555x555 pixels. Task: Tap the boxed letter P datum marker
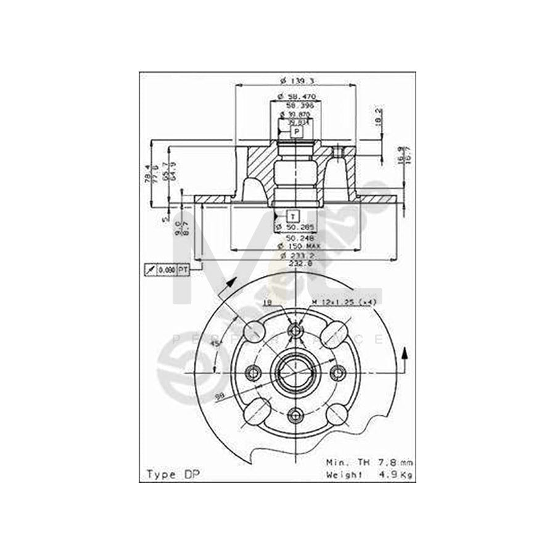(x=297, y=132)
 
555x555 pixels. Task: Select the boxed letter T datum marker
(x=294, y=215)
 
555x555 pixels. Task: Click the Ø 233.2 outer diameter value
(x=297, y=255)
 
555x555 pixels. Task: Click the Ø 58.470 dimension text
(x=297, y=97)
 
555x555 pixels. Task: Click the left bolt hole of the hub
(x=252, y=372)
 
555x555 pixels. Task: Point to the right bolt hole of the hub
(x=337, y=372)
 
